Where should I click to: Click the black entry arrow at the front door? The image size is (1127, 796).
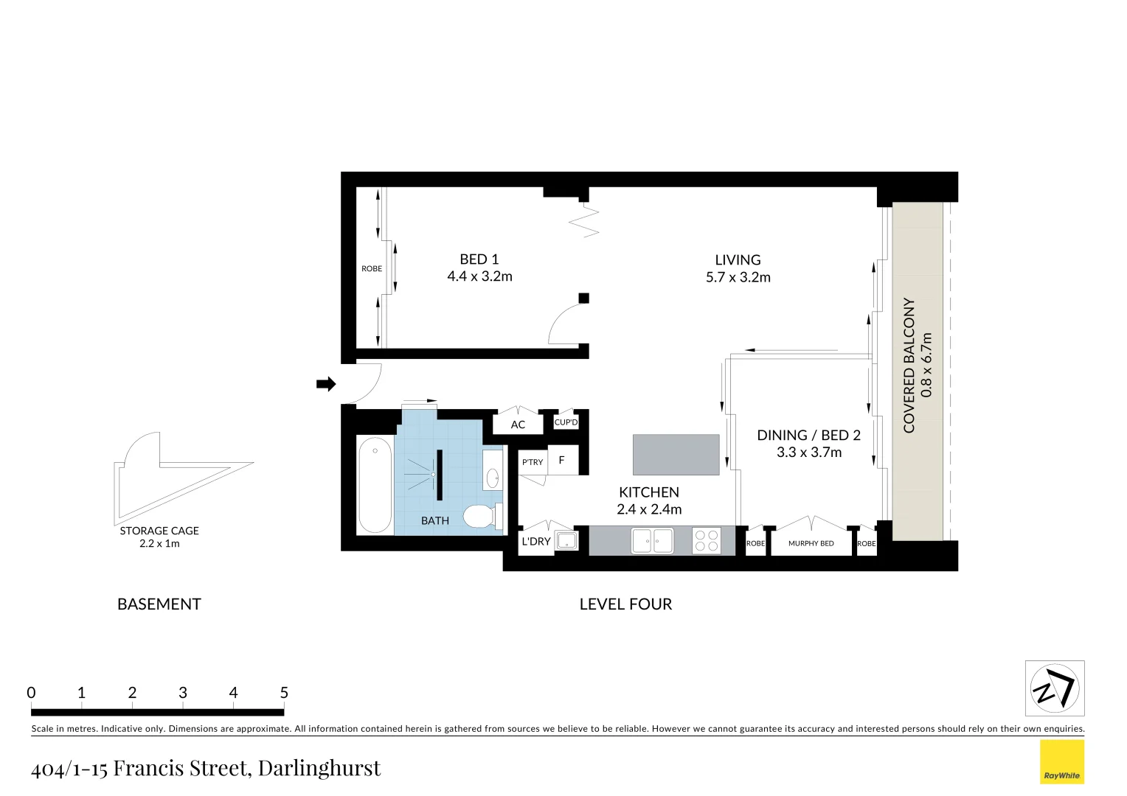pos(325,384)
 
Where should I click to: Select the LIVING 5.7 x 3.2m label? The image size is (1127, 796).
pos(738,268)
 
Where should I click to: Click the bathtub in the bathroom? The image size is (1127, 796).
pos(375,485)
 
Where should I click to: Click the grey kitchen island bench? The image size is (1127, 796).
pos(676,455)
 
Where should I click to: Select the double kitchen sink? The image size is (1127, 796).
pos(652,542)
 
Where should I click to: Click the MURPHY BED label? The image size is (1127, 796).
pos(811,543)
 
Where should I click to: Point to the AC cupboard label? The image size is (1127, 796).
pos(518,425)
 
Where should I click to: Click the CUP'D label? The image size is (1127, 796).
pos(566,422)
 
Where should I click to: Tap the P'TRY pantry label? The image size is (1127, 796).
pos(533,462)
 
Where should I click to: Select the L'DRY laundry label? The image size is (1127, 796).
pos(536,541)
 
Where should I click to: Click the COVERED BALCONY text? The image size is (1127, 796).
pos(909,365)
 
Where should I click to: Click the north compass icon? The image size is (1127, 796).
pos(1055,688)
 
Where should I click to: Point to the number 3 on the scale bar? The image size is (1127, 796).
pos(182,693)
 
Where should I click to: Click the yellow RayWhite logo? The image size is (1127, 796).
pos(1061,762)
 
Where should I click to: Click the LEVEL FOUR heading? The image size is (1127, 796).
pos(625,604)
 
